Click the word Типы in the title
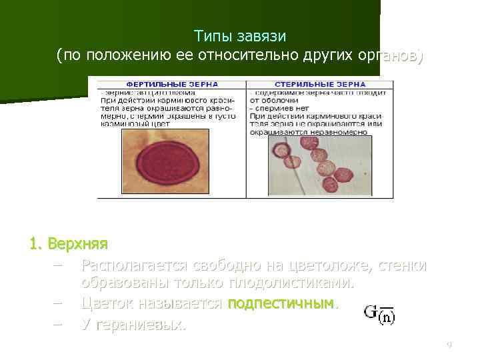click(212, 35)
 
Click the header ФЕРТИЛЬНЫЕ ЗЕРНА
click(172, 85)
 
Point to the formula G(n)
click(379, 314)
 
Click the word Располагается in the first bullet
click(126, 265)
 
